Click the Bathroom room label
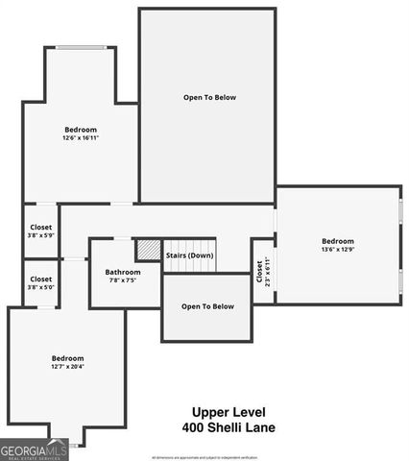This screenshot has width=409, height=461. [x=123, y=272]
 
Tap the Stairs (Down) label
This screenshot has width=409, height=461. [x=189, y=255]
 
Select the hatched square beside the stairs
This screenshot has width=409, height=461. [x=148, y=250]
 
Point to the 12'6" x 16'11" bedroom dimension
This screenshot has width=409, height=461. [x=81, y=138]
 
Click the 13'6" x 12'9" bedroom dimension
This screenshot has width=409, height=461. [x=337, y=250]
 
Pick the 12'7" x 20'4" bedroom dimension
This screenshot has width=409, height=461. [x=67, y=366]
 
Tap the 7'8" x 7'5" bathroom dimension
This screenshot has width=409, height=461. [x=123, y=280]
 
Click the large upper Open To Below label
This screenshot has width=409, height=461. [x=209, y=97]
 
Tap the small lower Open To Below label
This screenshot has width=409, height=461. [x=207, y=306]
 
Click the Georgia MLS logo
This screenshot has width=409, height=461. [x=35, y=450]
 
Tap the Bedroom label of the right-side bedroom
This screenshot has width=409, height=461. [x=337, y=241]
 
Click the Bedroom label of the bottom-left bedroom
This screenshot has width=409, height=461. [x=67, y=357]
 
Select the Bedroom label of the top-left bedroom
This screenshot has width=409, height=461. [x=81, y=130]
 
